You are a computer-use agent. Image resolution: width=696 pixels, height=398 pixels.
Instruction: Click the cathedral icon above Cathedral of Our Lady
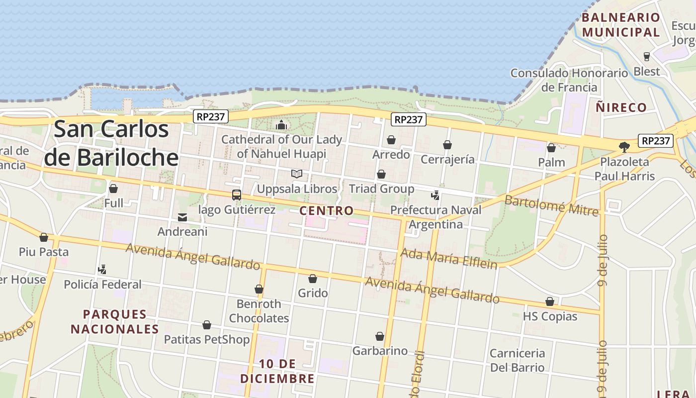[x=281, y=125]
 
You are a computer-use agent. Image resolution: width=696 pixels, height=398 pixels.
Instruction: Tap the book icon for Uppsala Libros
[x=297, y=174]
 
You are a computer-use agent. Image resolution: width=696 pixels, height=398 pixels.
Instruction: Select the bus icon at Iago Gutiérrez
[x=237, y=195]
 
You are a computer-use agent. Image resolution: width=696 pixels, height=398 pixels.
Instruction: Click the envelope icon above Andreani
[x=182, y=217]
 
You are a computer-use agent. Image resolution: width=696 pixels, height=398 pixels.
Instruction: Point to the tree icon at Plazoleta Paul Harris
[x=624, y=147]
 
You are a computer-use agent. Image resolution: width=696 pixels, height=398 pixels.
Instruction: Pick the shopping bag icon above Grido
[x=313, y=279]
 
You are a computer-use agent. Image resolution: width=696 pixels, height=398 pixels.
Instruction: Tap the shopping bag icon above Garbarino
[x=380, y=336]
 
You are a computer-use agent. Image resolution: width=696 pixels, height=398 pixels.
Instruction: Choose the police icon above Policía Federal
[x=102, y=270]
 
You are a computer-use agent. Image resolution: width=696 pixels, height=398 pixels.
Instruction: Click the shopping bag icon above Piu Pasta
[x=44, y=237]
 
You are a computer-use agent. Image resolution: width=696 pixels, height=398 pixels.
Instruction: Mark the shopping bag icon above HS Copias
[x=550, y=301]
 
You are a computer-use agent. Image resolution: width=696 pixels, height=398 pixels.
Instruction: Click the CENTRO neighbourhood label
[x=327, y=210]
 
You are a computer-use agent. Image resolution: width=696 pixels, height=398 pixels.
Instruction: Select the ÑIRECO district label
[x=621, y=107]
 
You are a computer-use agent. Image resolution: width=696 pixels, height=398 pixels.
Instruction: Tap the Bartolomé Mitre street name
[x=551, y=205]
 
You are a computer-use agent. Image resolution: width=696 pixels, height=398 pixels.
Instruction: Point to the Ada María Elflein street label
[x=449, y=258]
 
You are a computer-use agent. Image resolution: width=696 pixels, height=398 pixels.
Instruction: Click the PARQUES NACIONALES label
[x=115, y=321]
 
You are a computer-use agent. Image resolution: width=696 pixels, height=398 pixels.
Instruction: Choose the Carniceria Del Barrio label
[x=518, y=360]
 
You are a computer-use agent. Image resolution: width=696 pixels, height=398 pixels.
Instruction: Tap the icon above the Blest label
[x=647, y=57]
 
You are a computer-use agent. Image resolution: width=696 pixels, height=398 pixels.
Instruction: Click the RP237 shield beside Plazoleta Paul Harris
[x=656, y=141]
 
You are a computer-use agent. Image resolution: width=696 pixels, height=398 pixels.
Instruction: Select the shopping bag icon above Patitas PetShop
[x=207, y=325]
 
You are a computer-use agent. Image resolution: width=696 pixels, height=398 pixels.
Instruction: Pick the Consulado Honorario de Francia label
[x=569, y=80]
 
